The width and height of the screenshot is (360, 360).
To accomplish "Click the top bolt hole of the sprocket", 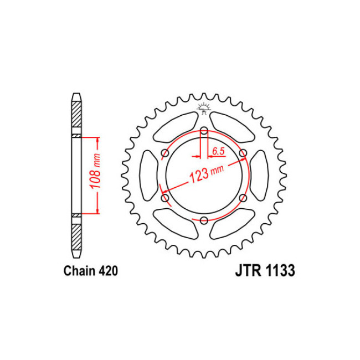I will coord(204,131).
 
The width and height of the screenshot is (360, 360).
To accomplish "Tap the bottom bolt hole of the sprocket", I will coord(204,221).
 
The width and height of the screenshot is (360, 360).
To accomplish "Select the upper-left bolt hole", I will coord(164,154).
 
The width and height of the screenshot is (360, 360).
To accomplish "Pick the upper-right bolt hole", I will coord(243,154).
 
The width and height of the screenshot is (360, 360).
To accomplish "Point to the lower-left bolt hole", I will coord(164,198).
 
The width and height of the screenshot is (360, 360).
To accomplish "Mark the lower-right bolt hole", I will coord(243,198).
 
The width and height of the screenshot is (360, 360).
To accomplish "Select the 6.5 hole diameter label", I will coord(218,150).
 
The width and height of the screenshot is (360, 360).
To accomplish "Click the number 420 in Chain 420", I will coord(105,272).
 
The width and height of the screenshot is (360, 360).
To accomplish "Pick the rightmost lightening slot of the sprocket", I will coord(259,176).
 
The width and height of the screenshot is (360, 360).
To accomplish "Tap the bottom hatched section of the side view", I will coord(76,235).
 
